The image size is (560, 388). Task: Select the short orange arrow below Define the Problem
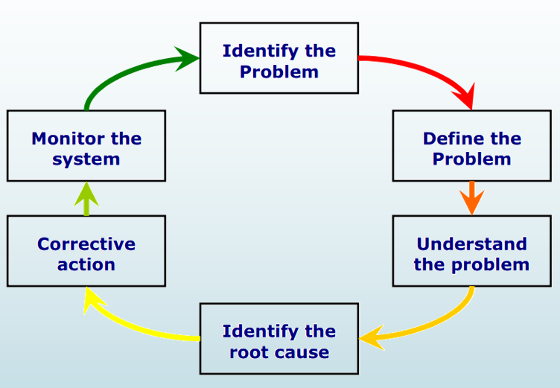pos(471,198)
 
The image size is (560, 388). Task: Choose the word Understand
pos(471,244)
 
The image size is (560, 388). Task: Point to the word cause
pos(302,352)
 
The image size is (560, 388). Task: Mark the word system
pos(86,159)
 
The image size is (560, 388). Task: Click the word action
pos(86,264)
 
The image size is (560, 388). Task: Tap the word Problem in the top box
pos(279,72)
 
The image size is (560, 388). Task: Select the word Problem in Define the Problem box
pos(471,159)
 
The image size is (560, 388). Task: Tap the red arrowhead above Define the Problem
pos(465,98)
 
